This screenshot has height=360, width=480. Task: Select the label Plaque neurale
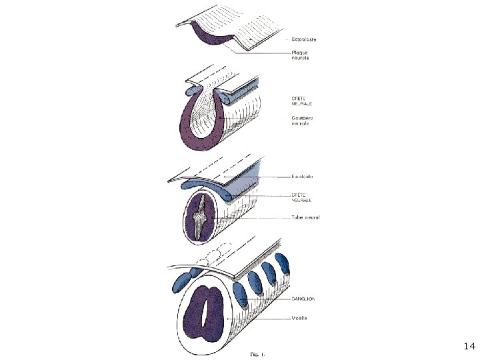[x=300, y=55]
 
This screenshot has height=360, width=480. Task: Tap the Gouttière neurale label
[x=303, y=121]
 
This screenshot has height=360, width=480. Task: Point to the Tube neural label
[x=305, y=217]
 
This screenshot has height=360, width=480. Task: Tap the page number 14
[x=469, y=346]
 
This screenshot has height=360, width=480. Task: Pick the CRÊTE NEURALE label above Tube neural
[x=303, y=197]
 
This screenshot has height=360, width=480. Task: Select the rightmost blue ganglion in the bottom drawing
[x=284, y=264]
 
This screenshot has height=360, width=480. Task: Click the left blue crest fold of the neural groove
[x=191, y=89]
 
